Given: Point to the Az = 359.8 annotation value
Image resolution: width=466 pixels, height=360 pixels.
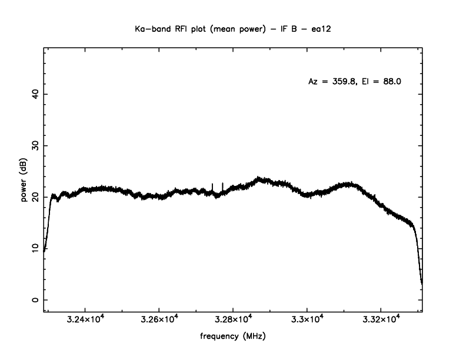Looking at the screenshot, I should coord(332,82).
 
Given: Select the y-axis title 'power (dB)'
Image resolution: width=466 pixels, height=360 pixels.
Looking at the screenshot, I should coord(24,182).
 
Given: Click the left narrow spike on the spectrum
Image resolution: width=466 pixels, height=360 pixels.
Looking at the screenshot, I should coord(212,186).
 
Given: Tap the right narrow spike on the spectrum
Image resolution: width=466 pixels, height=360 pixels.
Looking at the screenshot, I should coord(222,186).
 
